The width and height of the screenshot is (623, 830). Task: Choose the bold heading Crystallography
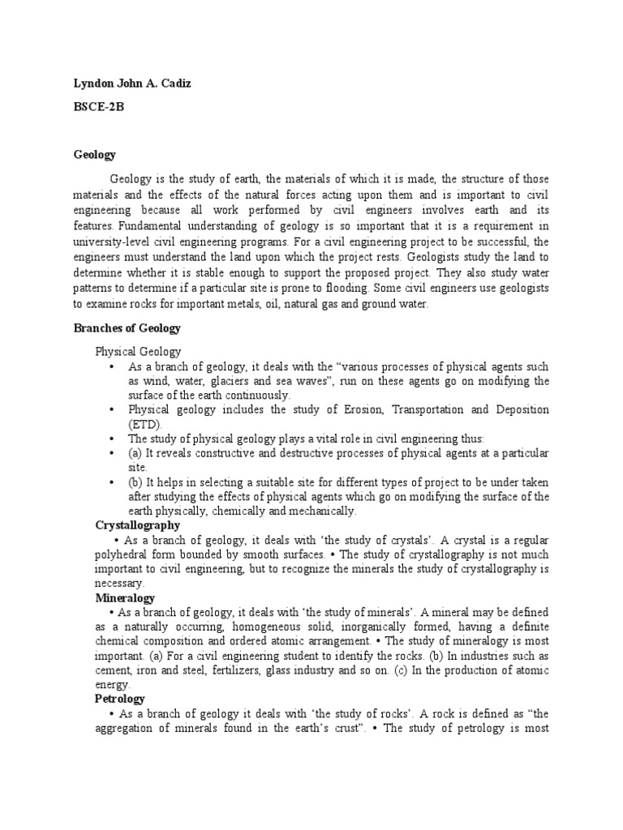(137, 525)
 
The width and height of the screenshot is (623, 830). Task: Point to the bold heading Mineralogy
(123, 597)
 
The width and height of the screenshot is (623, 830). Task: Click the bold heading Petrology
(120, 698)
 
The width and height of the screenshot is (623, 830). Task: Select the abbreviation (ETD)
(145, 424)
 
